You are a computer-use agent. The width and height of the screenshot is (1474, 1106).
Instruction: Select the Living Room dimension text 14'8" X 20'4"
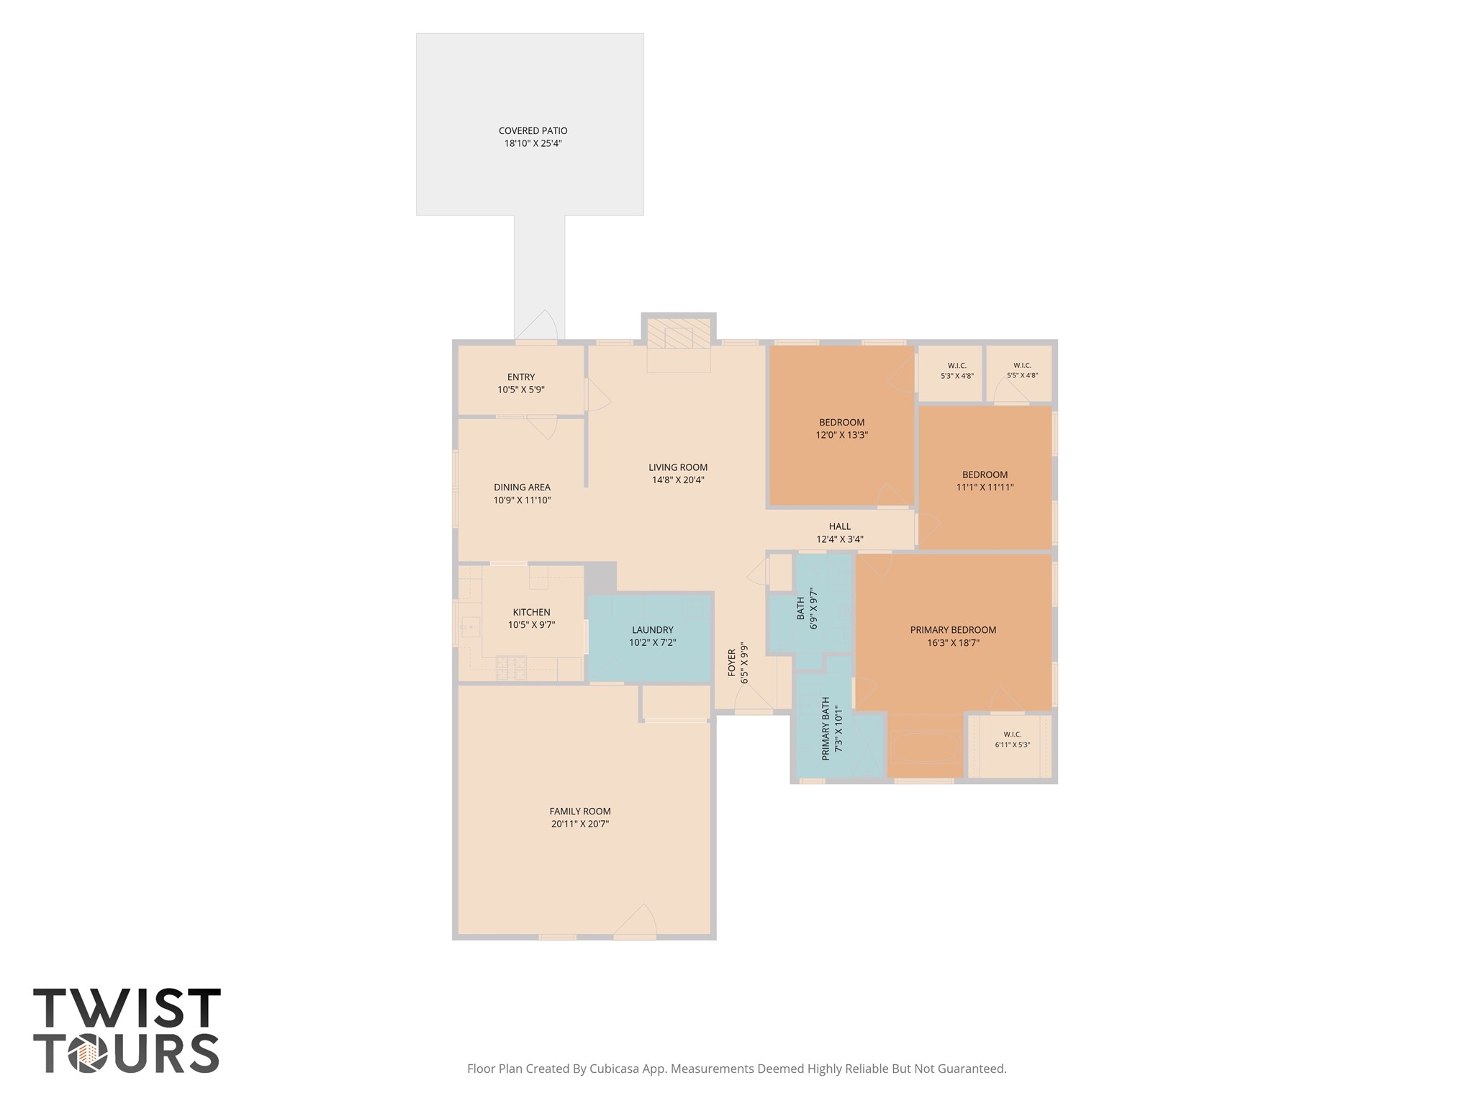coord(678,480)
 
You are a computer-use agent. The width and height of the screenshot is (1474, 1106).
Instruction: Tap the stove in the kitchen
coord(511,667)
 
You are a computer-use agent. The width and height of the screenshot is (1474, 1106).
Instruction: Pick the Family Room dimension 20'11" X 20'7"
coord(580,824)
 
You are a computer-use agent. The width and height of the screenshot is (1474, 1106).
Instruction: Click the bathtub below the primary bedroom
coord(925,747)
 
